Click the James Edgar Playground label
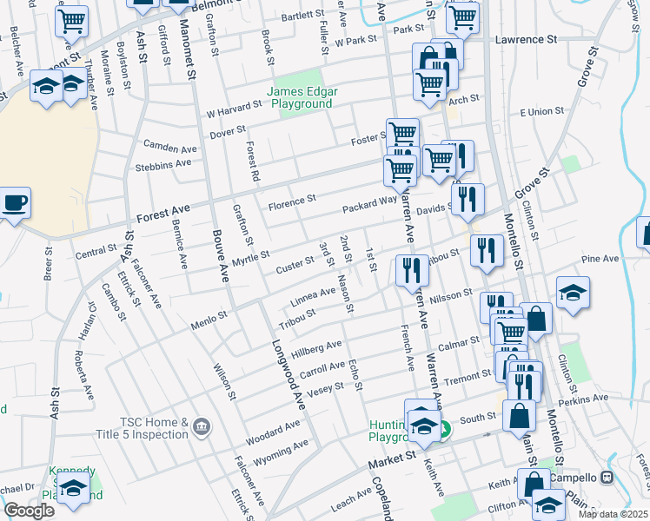point(301,97)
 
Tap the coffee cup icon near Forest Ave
point(15,204)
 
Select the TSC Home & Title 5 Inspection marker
point(202,425)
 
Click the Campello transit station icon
point(607,477)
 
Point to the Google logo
point(29,511)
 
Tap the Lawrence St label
point(526,39)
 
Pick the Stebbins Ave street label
point(163,163)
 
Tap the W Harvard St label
point(234,112)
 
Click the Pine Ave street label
point(600,258)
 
